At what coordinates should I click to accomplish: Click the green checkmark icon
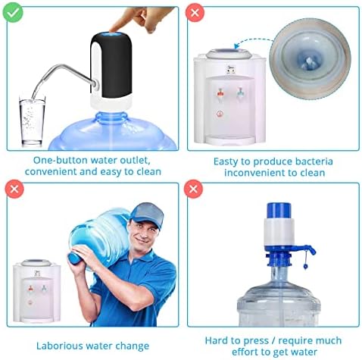click(13, 13)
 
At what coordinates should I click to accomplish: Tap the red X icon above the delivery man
click(14, 189)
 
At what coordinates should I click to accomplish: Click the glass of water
click(32, 121)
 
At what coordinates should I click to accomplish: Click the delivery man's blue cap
click(148, 214)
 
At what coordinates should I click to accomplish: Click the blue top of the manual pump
click(279, 211)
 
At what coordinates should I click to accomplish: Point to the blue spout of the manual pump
click(306, 249)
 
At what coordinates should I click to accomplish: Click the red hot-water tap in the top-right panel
click(220, 94)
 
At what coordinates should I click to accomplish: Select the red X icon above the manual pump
click(193, 189)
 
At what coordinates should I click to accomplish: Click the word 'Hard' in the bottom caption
click(217, 340)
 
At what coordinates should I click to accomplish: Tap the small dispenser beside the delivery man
click(37, 290)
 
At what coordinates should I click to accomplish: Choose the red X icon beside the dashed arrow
click(195, 13)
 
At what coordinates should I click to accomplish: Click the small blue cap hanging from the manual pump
click(305, 266)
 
